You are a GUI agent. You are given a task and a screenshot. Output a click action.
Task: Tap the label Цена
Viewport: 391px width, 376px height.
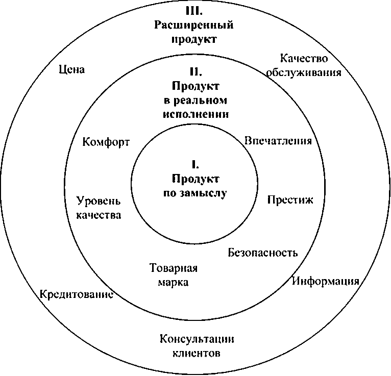click(71, 69)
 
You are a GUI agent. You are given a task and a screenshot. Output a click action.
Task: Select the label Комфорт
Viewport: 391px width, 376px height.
click(106, 142)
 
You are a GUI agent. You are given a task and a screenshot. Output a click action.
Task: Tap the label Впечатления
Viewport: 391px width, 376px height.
click(278, 141)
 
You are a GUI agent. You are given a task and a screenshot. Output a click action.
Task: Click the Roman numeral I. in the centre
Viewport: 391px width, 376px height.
click(195, 164)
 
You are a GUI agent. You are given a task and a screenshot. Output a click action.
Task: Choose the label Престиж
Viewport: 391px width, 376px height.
click(290, 199)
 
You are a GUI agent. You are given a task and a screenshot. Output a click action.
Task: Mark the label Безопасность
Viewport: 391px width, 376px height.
click(262, 253)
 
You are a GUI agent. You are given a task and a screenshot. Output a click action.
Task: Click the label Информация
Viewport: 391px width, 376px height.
click(326, 281)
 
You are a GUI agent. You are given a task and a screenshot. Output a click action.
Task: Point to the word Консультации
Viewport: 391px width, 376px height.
click(197, 339)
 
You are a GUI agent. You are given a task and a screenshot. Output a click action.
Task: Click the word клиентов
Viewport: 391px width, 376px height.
click(197, 354)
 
